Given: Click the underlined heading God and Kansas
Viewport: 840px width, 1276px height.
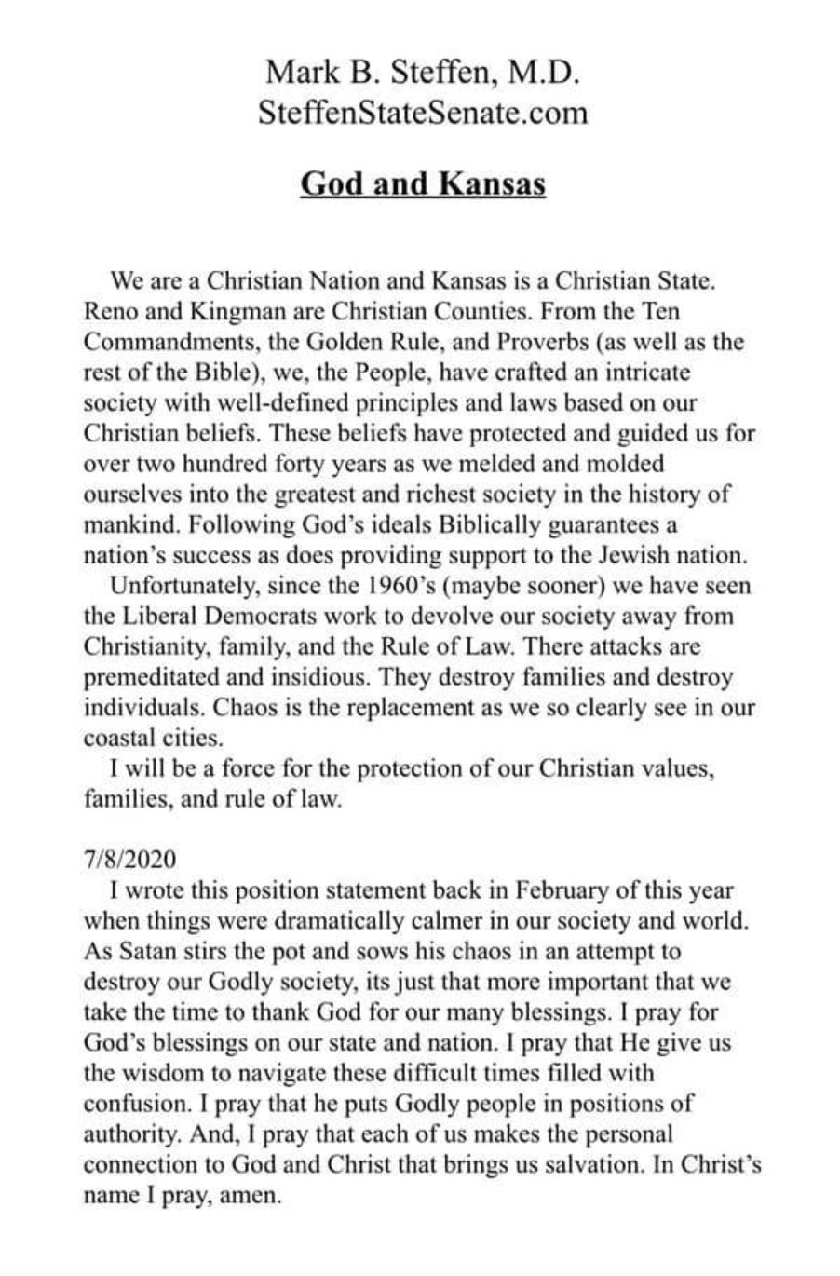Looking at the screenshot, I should [423, 183].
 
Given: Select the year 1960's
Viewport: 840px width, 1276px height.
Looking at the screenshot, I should [411, 587].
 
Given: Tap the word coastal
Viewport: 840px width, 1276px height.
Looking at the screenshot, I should [115, 739].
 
